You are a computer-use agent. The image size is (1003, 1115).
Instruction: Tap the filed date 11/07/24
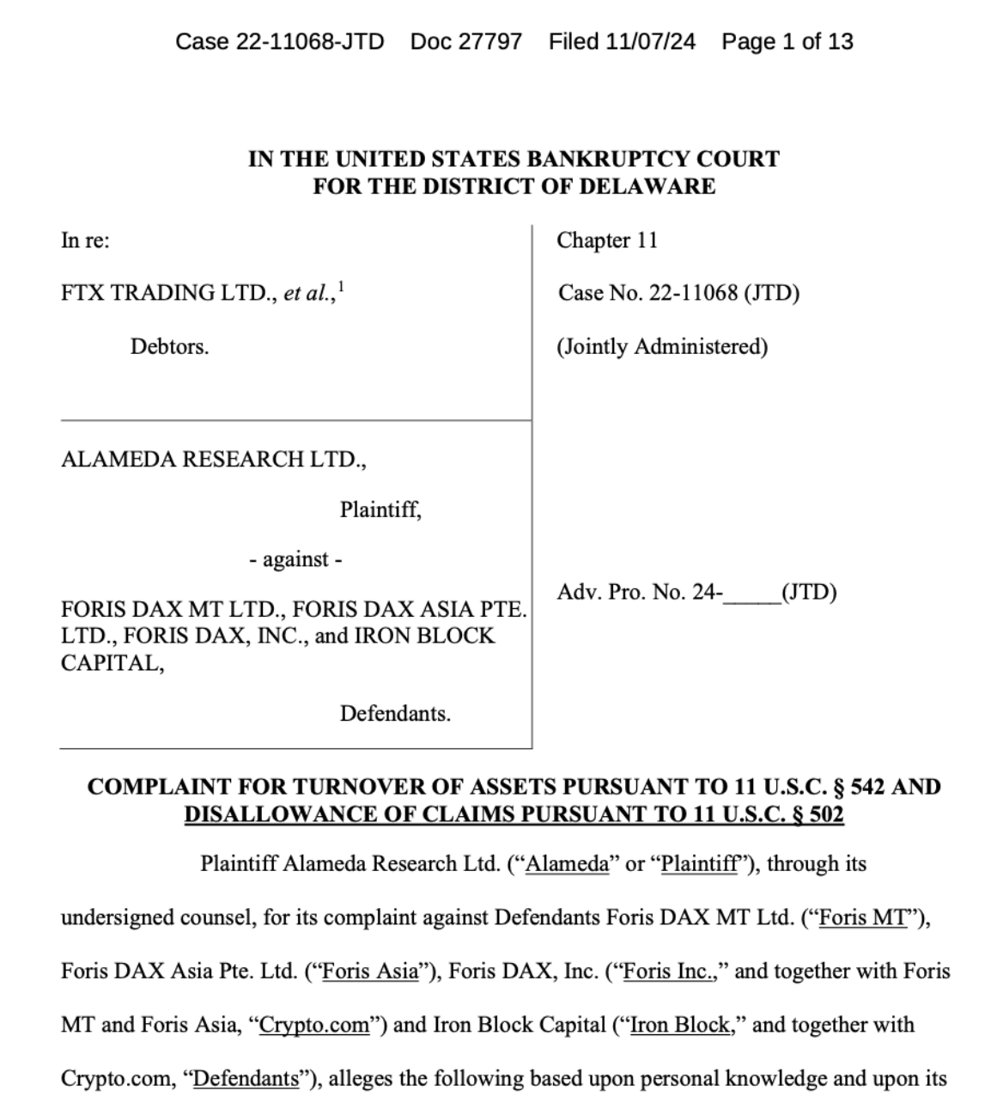[650, 41]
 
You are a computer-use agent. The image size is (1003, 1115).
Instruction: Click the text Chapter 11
[607, 241]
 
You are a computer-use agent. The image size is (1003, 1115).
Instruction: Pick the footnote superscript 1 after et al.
[341, 286]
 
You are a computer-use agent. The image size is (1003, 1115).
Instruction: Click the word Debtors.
[169, 347]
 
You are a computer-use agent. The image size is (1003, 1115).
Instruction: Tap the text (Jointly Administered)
[662, 347]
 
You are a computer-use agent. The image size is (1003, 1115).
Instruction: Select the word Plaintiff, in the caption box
[380, 510]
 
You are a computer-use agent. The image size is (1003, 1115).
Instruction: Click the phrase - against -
[295, 560]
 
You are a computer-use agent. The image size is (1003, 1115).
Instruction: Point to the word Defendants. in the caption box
[395, 714]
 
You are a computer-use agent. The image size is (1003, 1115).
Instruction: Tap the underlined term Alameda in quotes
[567, 864]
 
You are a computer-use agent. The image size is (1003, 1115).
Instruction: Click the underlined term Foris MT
[862, 918]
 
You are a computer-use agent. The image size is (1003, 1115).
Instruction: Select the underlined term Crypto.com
[314, 1026]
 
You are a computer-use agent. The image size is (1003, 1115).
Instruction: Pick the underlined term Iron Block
[679, 1026]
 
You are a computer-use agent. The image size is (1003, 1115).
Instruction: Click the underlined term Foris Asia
[370, 972]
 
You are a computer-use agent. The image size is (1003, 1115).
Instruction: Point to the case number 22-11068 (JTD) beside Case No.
[724, 294]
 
